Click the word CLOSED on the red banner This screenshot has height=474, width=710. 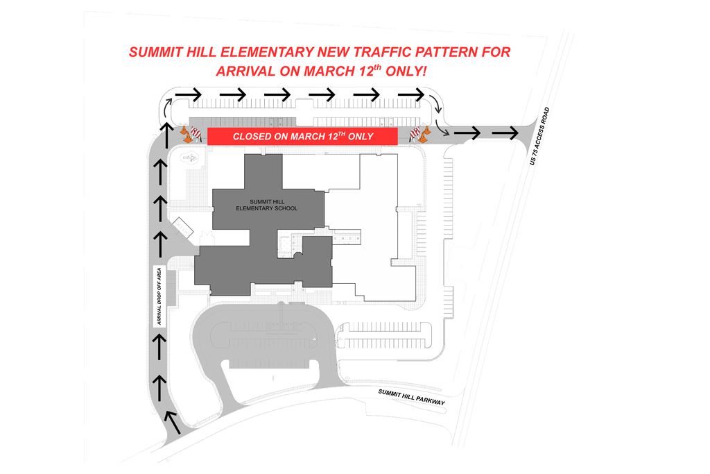point(252,137)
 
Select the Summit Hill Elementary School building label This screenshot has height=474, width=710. point(267,205)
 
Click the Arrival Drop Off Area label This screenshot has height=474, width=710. point(159,296)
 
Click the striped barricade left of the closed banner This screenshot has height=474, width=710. point(196,133)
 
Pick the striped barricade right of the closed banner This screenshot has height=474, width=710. point(415,133)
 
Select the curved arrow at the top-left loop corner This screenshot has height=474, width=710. point(167,105)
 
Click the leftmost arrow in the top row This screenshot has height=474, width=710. point(188,94)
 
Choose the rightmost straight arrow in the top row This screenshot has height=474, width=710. point(412,94)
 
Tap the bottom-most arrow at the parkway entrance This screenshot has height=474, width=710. point(170,420)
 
